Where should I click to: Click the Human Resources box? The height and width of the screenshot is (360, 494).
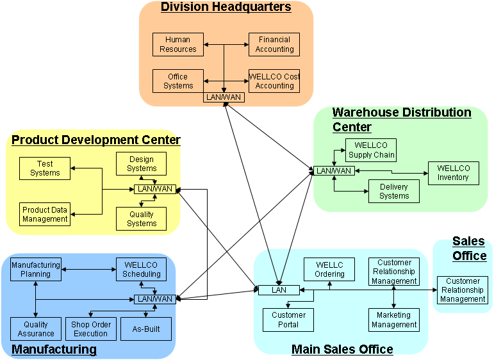click(177, 44)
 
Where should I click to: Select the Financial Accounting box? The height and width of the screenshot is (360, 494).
click(274, 44)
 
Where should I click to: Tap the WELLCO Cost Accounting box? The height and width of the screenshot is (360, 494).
click(274, 81)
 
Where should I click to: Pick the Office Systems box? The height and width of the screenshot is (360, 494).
click(177, 81)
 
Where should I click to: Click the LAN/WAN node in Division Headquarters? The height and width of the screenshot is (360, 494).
click(224, 97)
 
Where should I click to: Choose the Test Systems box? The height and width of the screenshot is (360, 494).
click(45, 168)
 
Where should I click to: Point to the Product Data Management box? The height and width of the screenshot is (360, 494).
click(45, 215)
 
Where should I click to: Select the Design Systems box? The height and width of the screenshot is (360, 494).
click(142, 163)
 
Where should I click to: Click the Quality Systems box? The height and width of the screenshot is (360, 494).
click(142, 219)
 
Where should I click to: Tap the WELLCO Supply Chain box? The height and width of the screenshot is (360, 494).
click(371, 150)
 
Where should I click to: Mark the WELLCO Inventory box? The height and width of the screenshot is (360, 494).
click(453, 173)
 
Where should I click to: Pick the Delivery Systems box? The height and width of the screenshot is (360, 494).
click(394, 192)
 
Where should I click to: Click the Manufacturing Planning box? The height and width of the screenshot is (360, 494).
click(36, 269)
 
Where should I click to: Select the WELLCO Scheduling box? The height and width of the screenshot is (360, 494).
click(142, 269)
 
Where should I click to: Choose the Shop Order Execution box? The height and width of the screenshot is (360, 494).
click(91, 329)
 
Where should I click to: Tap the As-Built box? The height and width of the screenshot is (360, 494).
click(146, 329)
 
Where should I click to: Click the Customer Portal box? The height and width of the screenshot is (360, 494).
click(289, 320)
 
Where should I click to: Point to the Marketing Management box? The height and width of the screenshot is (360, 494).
click(394, 320)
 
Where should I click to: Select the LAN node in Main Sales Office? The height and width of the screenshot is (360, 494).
click(279, 290)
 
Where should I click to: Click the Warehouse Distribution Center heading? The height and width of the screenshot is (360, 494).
click(401, 120)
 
